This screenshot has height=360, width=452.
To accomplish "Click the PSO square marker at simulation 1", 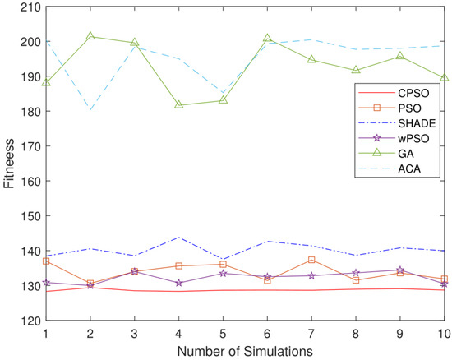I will [x=46, y=261].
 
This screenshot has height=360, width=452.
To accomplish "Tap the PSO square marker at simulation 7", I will [x=311, y=260].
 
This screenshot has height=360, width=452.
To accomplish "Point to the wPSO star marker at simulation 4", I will [x=178, y=283].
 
